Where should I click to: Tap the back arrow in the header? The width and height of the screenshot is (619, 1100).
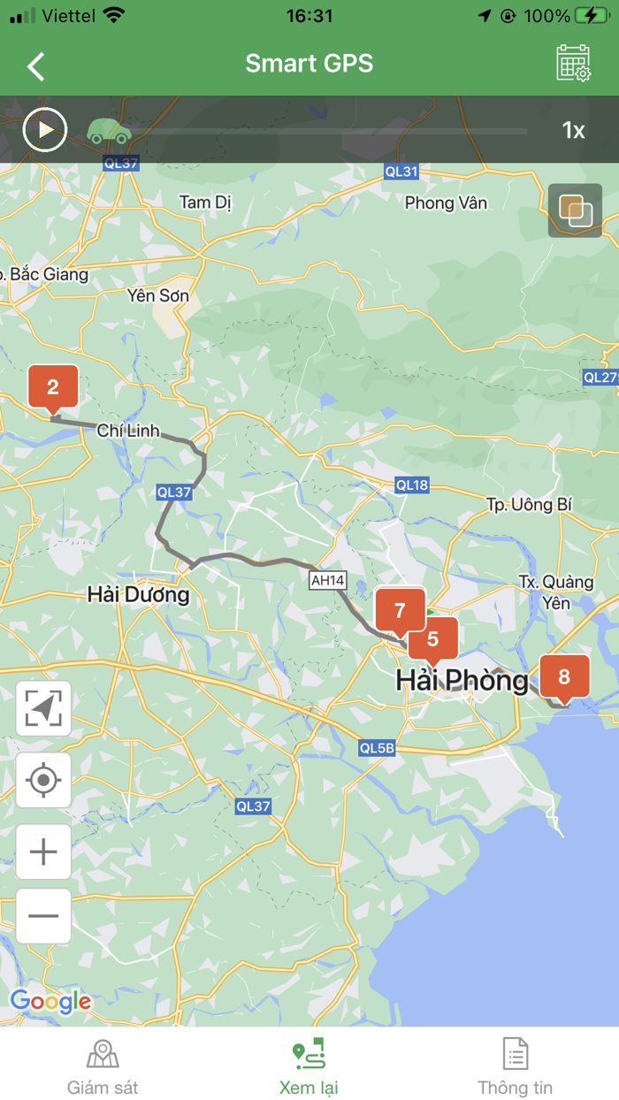pyautogui.click(x=36, y=66)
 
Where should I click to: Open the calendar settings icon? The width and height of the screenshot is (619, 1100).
pyautogui.click(x=573, y=64)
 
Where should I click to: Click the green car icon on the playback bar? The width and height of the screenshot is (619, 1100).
pyautogui.click(x=109, y=131)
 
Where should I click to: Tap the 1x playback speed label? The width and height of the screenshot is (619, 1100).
pyautogui.click(x=573, y=131)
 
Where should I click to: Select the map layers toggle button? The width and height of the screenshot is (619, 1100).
pyautogui.click(x=575, y=210)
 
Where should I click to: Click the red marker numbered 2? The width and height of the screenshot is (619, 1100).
pyautogui.click(x=53, y=387)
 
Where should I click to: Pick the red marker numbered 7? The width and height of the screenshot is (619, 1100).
pyautogui.click(x=400, y=610)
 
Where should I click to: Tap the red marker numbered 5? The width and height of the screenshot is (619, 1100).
pyautogui.click(x=433, y=639)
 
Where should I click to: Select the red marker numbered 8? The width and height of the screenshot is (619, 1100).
pyautogui.click(x=564, y=677)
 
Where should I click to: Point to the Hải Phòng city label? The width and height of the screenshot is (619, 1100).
pyautogui.click(x=462, y=680)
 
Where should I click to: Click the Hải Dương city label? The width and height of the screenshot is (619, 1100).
pyautogui.click(x=138, y=594)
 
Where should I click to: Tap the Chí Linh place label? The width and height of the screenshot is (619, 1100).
pyautogui.click(x=128, y=431)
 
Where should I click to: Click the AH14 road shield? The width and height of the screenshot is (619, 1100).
pyautogui.click(x=327, y=580)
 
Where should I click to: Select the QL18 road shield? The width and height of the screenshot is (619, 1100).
pyautogui.click(x=412, y=485)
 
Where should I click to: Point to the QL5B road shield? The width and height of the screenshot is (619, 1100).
pyautogui.click(x=377, y=748)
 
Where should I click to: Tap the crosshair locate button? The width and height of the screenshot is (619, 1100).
pyautogui.click(x=43, y=780)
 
